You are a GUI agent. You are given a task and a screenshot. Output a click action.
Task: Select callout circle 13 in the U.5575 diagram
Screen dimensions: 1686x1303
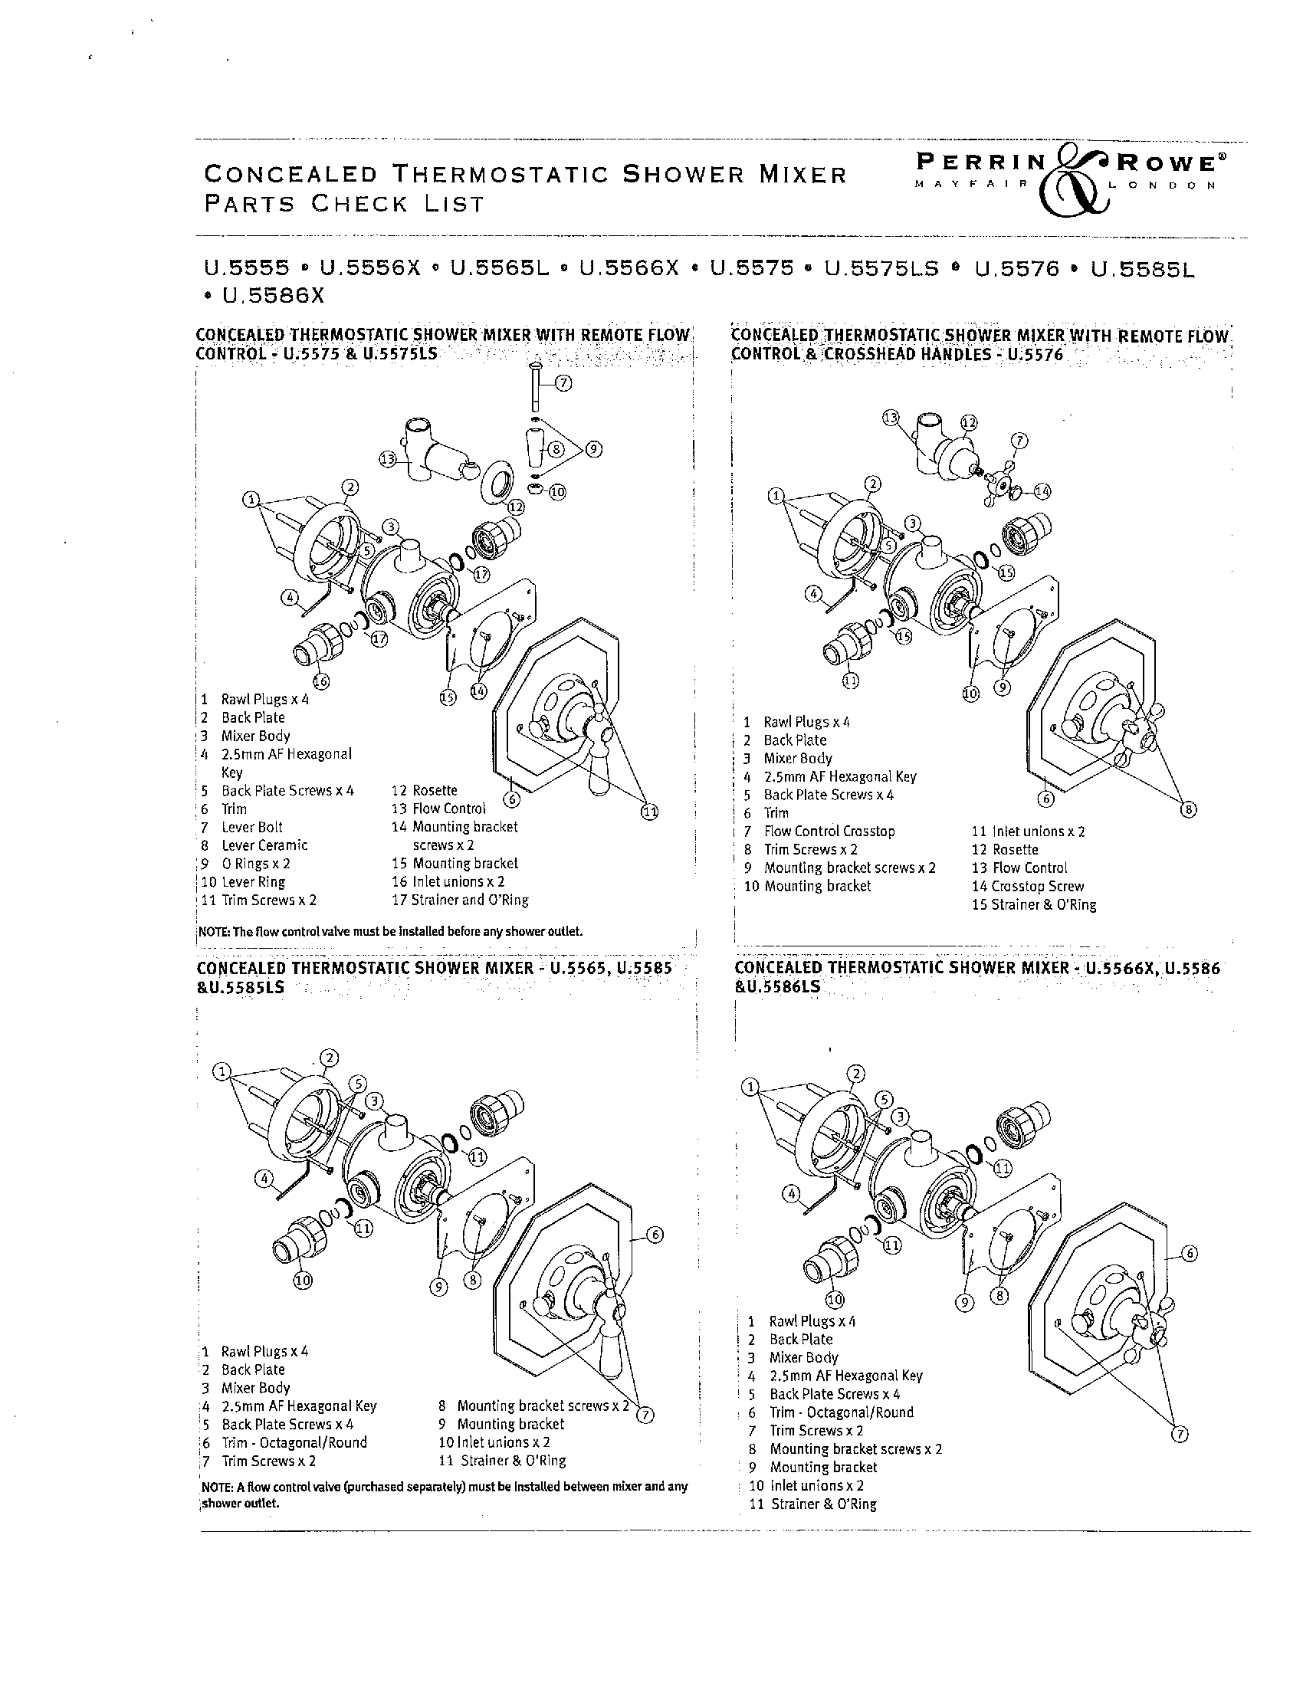pyautogui.click(x=388, y=459)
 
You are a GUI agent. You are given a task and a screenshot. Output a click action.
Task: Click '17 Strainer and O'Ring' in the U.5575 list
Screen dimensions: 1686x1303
pyautogui.click(x=460, y=900)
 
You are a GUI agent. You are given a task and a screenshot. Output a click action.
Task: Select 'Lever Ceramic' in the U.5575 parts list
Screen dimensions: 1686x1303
pyautogui.click(x=264, y=845)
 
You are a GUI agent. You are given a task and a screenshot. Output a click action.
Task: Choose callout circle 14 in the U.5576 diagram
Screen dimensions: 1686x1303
pyautogui.click(x=1042, y=490)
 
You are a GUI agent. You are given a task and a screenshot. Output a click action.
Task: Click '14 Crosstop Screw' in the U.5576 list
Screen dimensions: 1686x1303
pyautogui.click(x=1027, y=886)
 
